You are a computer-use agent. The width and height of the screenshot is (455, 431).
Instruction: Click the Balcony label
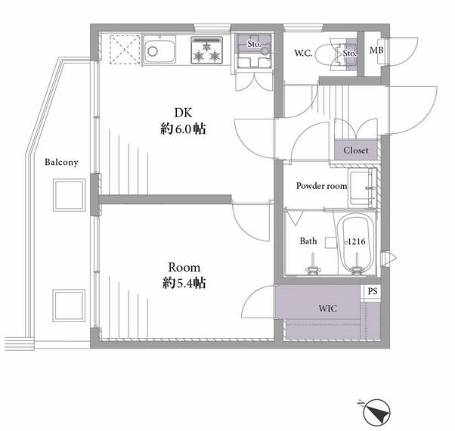pyautogui.click(x=61, y=162)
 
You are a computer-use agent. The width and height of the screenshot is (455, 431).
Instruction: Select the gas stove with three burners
pyautogui.click(x=206, y=50)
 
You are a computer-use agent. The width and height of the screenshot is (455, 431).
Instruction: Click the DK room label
pyautogui.click(x=183, y=113)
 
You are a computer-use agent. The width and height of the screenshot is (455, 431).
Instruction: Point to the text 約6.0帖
pyautogui.click(x=183, y=129)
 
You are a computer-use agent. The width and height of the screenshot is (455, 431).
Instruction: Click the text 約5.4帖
pyautogui.click(x=184, y=283)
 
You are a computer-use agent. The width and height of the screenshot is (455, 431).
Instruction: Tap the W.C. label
pyautogui.click(x=304, y=53)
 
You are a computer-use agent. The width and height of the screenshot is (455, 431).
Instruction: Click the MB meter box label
pyautogui.click(x=376, y=50)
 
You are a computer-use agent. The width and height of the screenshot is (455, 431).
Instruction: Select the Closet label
pyautogui.click(x=356, y=150)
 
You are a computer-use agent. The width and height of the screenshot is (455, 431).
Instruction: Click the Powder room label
pyautogui.click(x=321, y=186)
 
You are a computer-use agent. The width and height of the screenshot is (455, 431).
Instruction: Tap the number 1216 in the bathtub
pyautogui.click(x=356, y=241)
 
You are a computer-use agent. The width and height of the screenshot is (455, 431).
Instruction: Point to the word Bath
pyautogui.click(x=308, y=241)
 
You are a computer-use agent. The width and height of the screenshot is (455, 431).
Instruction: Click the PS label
pyautogui.click(x=373, y=291)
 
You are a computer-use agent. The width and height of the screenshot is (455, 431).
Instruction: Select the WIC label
pyautogui.click(x=327, y=309)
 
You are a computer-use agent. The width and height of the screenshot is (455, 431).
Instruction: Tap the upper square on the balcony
pyautogui.click(x=69, y=195)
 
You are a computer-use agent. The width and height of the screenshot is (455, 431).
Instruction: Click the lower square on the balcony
pyautogui.click(x=69, y=305)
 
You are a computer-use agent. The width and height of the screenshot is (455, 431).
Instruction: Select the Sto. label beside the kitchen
pyautogui.click(x=254, y=44)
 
